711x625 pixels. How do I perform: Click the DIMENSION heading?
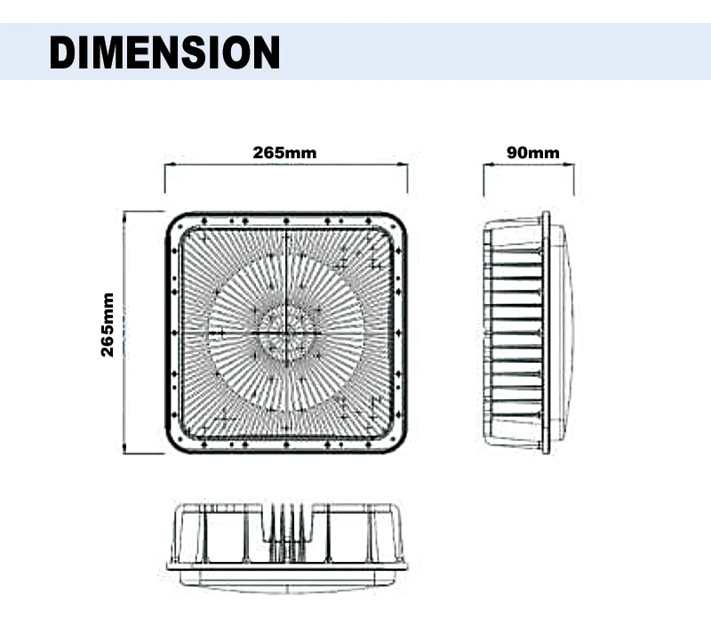164,52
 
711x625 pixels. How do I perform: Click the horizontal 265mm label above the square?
284,153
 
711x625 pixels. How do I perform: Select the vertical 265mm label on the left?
108,325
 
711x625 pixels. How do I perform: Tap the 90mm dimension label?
532,153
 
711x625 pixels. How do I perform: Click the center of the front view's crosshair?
286,333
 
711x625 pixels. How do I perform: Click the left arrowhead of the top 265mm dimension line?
169,165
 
